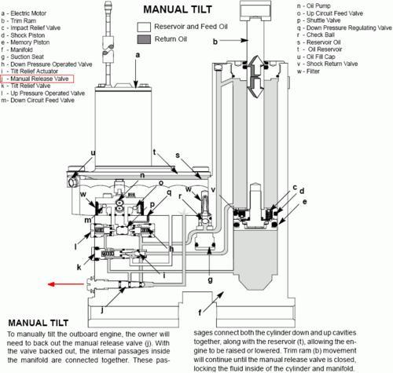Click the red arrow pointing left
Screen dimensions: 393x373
click(x=66, y=284)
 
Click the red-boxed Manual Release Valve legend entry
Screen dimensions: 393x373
click(x=37, y=79)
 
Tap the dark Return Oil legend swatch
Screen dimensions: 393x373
click(x=144, y=39)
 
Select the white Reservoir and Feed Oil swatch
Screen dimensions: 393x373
click(x=144, y=27)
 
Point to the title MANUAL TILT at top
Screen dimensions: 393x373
click(x=178, y=9)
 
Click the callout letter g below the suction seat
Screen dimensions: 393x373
click(x=210, y=280)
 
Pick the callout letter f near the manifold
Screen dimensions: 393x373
click(x=200, y=312)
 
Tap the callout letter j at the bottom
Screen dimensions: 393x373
click(x=102, y=310)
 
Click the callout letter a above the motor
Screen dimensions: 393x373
click(x=138, y=55)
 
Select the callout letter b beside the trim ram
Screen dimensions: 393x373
click(x=215, y=42)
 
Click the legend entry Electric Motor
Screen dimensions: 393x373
click(x=24, y=13)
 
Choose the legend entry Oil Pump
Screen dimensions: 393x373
click(x=314, y=5)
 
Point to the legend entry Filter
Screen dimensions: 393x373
click(x=308, y=71)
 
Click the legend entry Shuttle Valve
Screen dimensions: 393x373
click(x=318, y=20)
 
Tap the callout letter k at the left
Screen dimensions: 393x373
click(x=79, y=267)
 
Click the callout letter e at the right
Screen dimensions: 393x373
click(x=304, y=202)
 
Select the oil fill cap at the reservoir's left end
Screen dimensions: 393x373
click(x=72, y=181)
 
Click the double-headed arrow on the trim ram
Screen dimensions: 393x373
click(x=255, y=77)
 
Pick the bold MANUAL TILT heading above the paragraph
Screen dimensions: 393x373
click(x=39, y=323)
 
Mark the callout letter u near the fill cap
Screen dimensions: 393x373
click(x=93, y=152)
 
